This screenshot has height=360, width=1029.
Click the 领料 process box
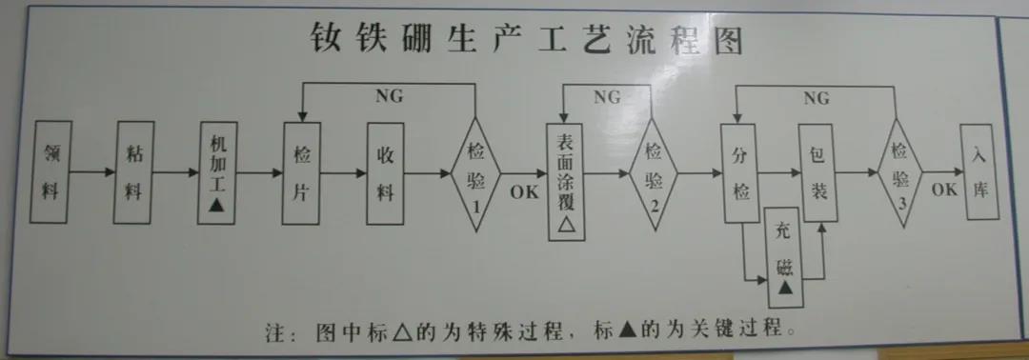click(x=51, y=172)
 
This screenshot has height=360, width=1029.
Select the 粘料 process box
click(x=133, y=172)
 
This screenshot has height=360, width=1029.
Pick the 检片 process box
click(x=301, y=172)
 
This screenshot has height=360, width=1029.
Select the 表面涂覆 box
click(x=564, y=181)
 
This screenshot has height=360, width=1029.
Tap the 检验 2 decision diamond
click(x=654, y=173)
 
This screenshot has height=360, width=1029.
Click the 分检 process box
click(x=741, y=172)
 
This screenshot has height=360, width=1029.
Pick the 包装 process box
click(x=817, y=172)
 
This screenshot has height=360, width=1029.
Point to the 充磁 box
click(x=785, y=257)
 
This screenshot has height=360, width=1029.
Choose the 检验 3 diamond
click(x=899, y=173)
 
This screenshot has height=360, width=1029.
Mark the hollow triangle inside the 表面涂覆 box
click(x=564, y=225)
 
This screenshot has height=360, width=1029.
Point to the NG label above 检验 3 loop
click(x=816, y=98)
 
